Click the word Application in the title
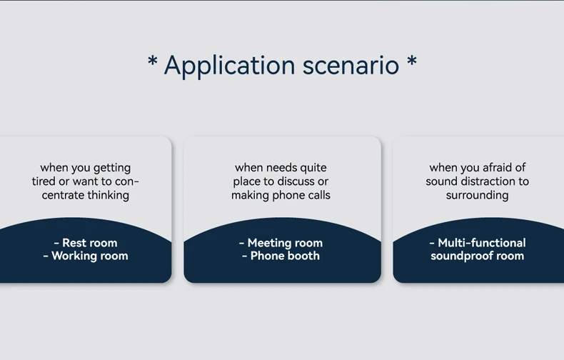click(x=229, y=66)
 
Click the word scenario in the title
click(x=351, y=66)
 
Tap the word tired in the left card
click(x=44, y=181)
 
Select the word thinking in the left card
click(x=109, y=195)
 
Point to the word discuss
click(x=293, y=181)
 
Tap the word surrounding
click(x=477, y=195)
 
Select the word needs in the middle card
click(x=281, y=168)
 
